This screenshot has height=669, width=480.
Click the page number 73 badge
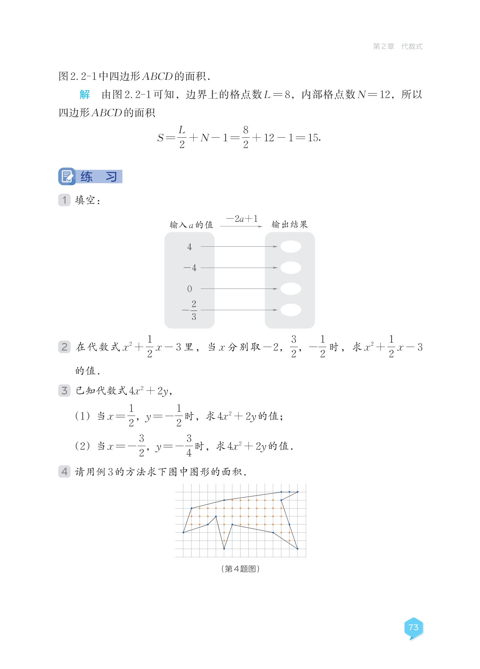point(413,627)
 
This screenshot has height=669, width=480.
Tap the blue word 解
point(85,94)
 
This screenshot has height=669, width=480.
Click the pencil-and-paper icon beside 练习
point(67,176)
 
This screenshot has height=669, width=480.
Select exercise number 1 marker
point(64,200)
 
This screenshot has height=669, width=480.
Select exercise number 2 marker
point(64,347)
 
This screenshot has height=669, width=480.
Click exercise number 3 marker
point(64,391)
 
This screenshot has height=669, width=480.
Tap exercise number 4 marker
point(64,471)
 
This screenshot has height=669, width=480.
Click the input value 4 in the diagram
point(189,247)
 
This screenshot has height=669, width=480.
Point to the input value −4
point(190,268)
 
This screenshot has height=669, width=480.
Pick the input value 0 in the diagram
point(189,289)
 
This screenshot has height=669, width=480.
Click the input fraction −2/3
point(191,310)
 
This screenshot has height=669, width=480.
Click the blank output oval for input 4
point(291,246)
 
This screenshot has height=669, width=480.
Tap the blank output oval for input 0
point(291,289)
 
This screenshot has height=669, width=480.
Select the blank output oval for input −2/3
point(291,310)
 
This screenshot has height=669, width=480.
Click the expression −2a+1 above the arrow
point(242,219)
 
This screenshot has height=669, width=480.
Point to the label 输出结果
point(289,224)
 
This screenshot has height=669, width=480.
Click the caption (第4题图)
point(240,569)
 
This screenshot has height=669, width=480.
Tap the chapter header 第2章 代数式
point(397,46)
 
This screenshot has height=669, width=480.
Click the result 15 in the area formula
point(313,138)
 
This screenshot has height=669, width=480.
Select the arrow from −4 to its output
point(239,268)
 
